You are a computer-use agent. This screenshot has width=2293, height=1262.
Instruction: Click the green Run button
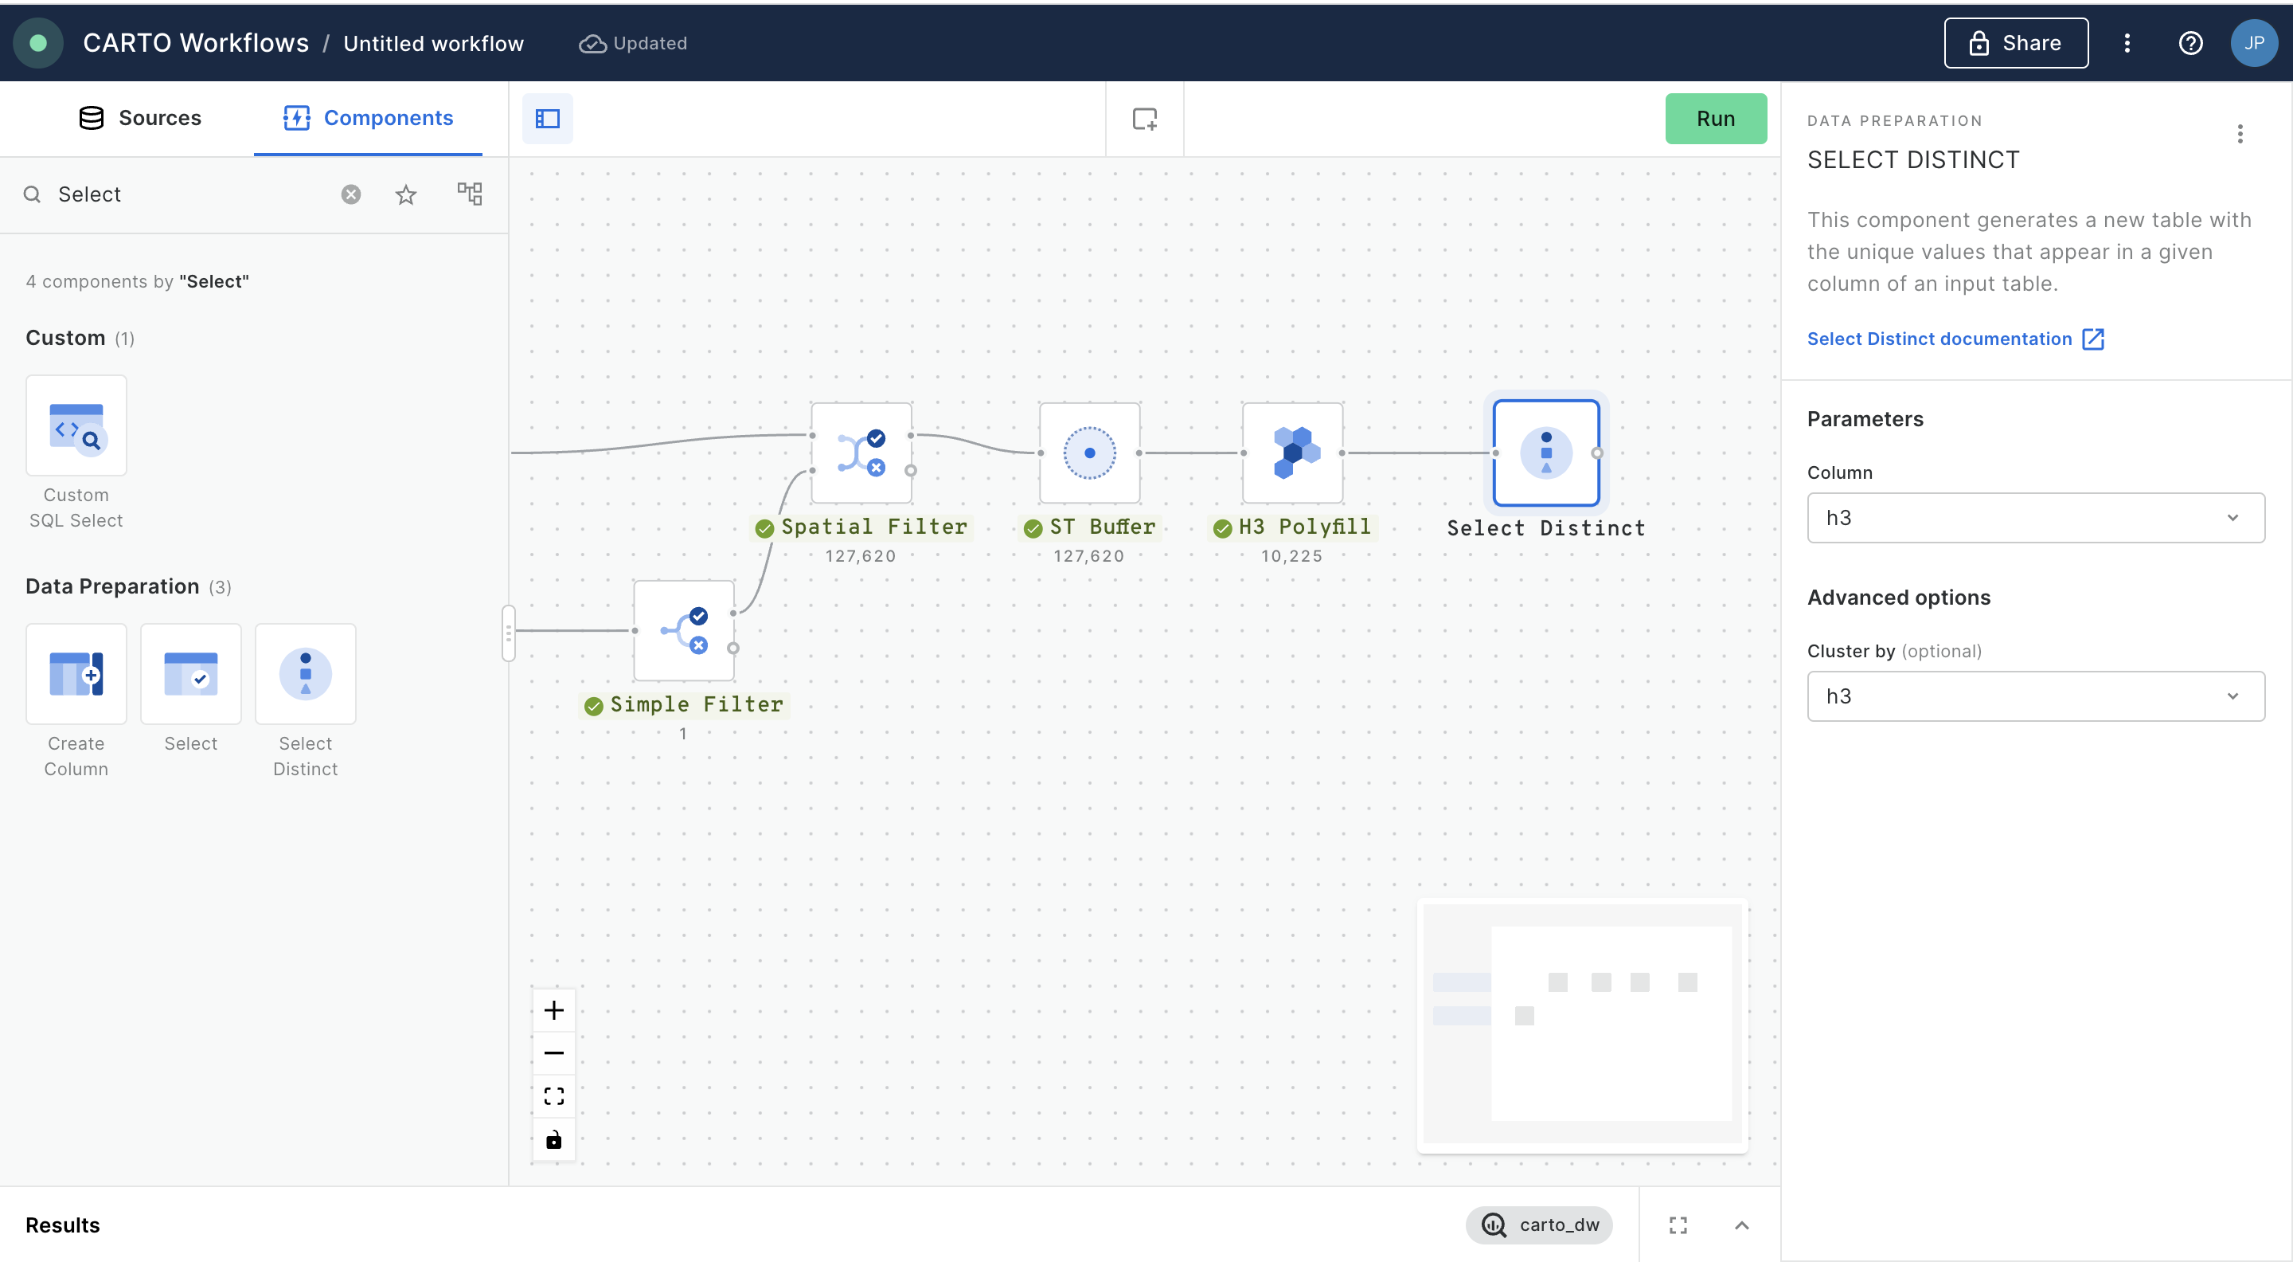[1715, 119]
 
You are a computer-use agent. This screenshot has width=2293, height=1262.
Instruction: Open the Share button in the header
[2015, 43]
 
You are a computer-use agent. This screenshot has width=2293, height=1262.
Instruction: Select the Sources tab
[141, 118]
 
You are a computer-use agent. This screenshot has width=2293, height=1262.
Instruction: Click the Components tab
[368, 118]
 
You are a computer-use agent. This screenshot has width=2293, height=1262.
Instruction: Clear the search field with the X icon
[350, 194]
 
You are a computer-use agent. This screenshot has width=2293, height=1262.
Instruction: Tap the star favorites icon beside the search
[406, 194]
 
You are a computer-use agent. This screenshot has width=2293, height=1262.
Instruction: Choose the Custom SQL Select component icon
[76, 425]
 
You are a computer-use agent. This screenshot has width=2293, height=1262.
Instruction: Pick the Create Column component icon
[76, 674]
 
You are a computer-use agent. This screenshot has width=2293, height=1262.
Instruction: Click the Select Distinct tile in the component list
[305, 674]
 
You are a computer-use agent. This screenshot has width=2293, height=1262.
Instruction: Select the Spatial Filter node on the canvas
[861, 453]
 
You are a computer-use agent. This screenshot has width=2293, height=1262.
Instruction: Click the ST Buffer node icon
[1089, 453]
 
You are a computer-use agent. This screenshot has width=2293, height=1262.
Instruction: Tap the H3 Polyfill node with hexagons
[1292, 453]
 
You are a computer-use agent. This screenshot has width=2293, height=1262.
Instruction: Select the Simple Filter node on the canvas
[684, 630]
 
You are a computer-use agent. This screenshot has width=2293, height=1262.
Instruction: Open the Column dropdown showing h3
[2035, 517]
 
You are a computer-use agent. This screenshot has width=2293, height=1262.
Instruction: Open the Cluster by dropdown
[2035, 696]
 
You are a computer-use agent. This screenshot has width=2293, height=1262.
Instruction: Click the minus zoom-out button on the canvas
[553, 1052]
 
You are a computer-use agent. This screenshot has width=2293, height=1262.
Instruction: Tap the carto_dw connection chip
[1539, 1225]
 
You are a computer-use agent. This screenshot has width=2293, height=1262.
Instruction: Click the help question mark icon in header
[2189, 43]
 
